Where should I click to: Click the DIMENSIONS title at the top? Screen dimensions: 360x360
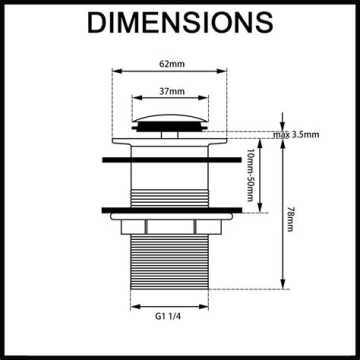click(x=180, y=22)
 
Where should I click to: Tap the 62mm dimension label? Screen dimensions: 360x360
click(x=169, y=64)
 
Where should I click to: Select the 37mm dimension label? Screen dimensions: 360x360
click(x=169, y=91)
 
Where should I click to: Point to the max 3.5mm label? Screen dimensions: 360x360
click(x=296, y=134)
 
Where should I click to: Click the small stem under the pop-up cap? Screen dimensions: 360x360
click(x=169, y=133)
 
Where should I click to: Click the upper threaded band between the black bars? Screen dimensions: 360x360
click(x=169, y=197)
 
